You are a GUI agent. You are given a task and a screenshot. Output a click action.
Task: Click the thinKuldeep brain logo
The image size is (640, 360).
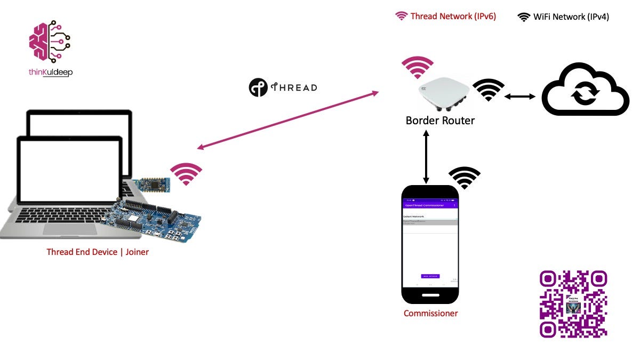50,42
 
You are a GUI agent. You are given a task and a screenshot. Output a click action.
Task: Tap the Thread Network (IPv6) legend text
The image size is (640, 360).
453,17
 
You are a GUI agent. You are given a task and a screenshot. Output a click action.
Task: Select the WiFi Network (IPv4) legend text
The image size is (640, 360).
571,17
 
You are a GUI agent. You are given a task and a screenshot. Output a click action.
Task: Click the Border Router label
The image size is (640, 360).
440,121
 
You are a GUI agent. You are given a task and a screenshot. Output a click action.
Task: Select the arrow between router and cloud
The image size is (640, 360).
519,97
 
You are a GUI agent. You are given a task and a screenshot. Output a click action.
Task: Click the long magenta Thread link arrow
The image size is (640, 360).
287,119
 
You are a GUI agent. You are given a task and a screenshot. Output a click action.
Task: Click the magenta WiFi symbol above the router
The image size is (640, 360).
417,67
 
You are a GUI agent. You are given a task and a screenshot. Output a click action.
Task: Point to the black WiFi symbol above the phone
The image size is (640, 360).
465,178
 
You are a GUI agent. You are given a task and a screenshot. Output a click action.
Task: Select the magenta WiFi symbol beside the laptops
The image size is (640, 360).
186,174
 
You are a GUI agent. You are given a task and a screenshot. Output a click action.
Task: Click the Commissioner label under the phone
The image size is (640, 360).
430,314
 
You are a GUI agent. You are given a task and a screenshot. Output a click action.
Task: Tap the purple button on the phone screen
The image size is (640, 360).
430,276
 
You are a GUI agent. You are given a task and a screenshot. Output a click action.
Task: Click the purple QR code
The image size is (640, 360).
573,304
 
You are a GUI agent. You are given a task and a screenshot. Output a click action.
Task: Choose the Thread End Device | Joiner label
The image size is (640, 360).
98,252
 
